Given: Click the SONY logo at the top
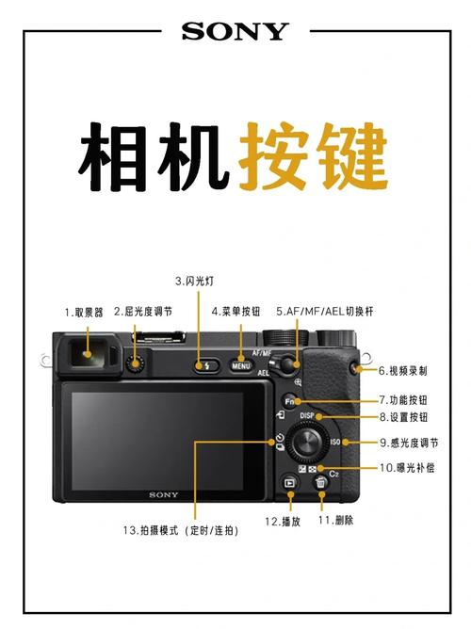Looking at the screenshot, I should coord(235,31).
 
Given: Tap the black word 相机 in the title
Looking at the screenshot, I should coord(152,154).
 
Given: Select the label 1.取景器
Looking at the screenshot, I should coord(84,311).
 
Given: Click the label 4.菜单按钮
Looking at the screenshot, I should coord(235,311).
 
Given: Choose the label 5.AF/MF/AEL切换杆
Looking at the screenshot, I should coord(325,311).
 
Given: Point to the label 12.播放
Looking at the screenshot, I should coord(283,521).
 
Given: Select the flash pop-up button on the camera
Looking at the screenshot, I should coord(203,365).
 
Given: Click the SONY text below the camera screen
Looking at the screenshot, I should coord(162,494).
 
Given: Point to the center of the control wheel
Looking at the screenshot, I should coord(308,442).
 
